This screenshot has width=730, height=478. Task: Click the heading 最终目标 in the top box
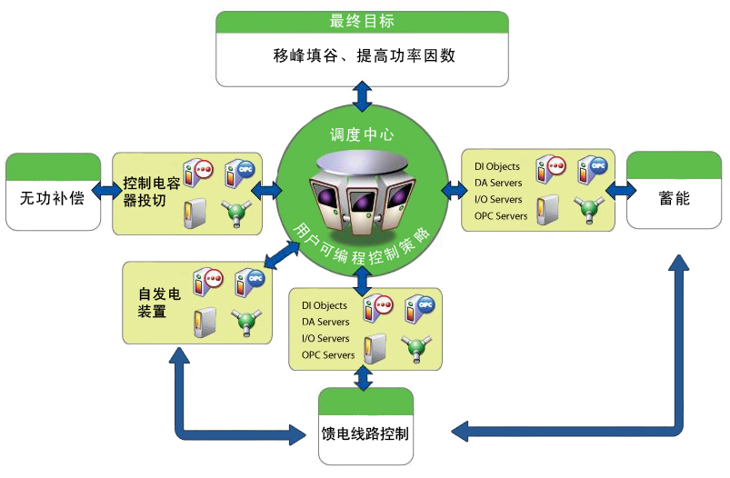click(x=362, y=21)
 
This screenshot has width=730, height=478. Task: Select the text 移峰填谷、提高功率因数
click(x=362, y=55)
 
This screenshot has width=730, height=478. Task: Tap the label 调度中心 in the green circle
click(x=362, y=134)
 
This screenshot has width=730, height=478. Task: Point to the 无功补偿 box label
click(x=52, y=196)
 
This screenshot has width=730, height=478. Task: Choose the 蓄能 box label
click(x=674, y=196)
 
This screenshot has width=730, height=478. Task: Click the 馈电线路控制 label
click(x=365, y=433)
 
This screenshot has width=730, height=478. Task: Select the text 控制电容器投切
click(x=145, y=192)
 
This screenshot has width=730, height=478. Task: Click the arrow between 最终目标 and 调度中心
click(x=362, y=95)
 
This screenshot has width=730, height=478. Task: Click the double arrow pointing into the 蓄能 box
click(x=622, y=190)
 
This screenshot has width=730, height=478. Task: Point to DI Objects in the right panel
click(x=497, y=167)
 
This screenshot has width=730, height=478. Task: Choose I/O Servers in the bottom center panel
click(x=325, y=338)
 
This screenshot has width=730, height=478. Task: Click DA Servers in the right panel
click(x=498, y=184)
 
